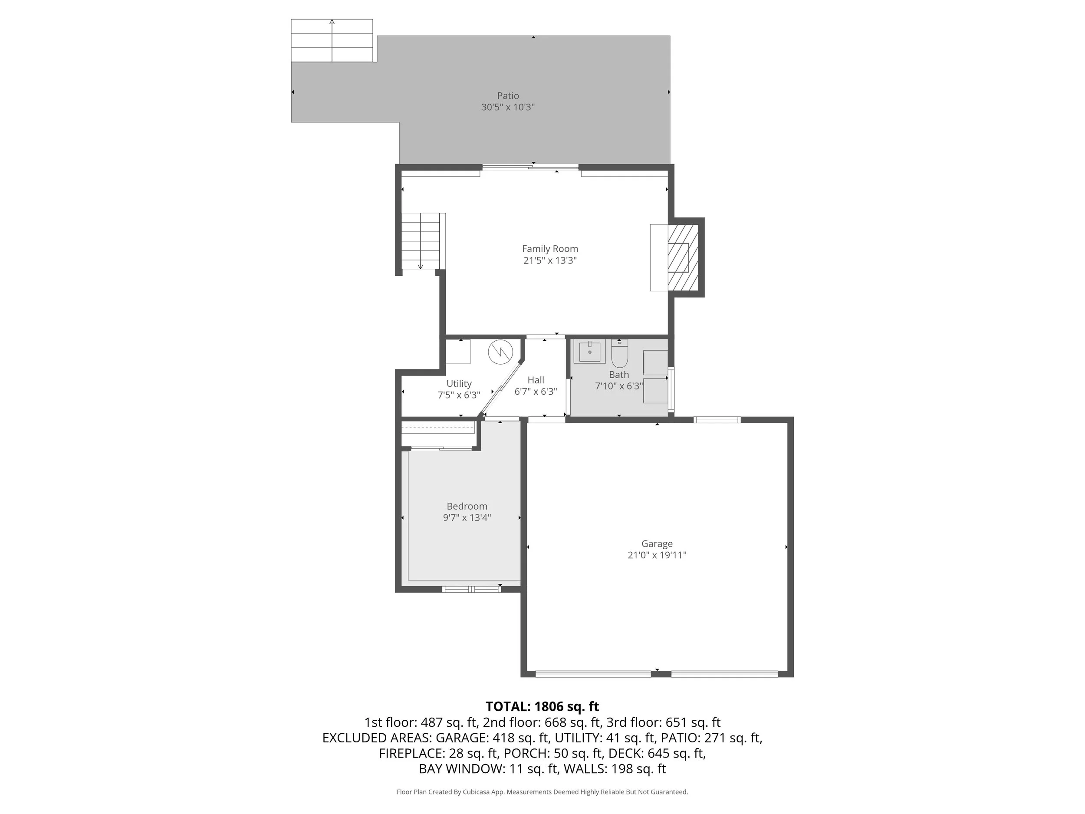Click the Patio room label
(x=508, y=96)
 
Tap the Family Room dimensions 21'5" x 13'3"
(x=550, y=260)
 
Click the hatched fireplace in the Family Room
(x=683, y=257)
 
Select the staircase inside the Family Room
(x=421, y=241)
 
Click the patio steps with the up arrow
(x=332, y=41)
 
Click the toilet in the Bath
(x=619, y=354)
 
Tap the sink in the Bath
(x=589, y=351)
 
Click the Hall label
(x=536, y=380)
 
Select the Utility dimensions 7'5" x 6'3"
(x=459, y=395)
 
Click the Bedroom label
(x=467, y=506)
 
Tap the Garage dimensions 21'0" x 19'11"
(x=657, y=555)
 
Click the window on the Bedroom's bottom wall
(x=471, y=589)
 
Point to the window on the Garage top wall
(x=717, y=419)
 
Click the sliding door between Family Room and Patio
(x=530, y=167)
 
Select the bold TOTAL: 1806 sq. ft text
(x=542, y=706)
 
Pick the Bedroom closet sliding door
(x=441, y=448)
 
